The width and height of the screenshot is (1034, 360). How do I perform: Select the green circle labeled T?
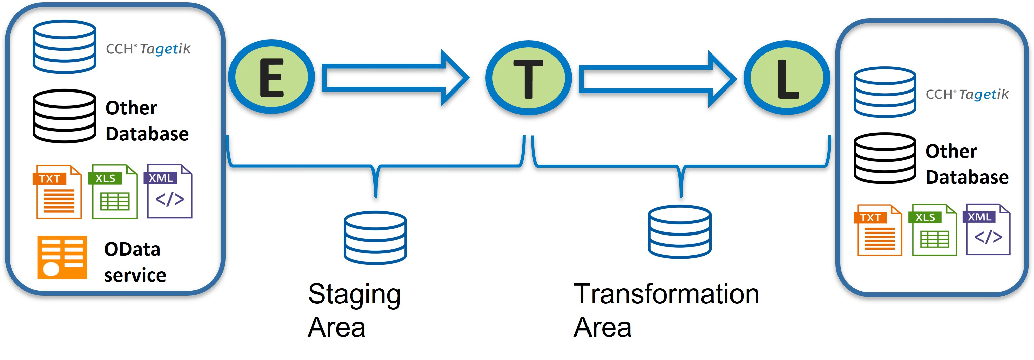click(x=528, y=78)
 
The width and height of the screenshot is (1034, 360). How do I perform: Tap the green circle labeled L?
click(x=787, y=78)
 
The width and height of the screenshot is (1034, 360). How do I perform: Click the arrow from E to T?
click(x=395, y=78)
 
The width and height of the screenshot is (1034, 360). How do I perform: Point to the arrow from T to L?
click(x=657, y=79)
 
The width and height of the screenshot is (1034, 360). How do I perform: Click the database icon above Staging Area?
click(x=375, y=238)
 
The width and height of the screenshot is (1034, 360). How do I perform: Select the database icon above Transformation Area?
click(x=680, y=232)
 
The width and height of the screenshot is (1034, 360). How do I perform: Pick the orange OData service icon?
click(x=62, y=257)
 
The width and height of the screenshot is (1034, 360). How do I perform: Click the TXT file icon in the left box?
click(x=59, y=192)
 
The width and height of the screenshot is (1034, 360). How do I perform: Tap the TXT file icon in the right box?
click(x=878, y=230)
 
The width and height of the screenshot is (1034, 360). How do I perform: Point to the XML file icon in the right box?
click(x=987, y=229)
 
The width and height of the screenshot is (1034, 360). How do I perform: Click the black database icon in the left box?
click(x=64, y=116)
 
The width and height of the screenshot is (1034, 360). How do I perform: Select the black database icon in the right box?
click(x=885, y=158)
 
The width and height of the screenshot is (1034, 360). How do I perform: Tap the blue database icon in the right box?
click(x=885, y=92)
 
